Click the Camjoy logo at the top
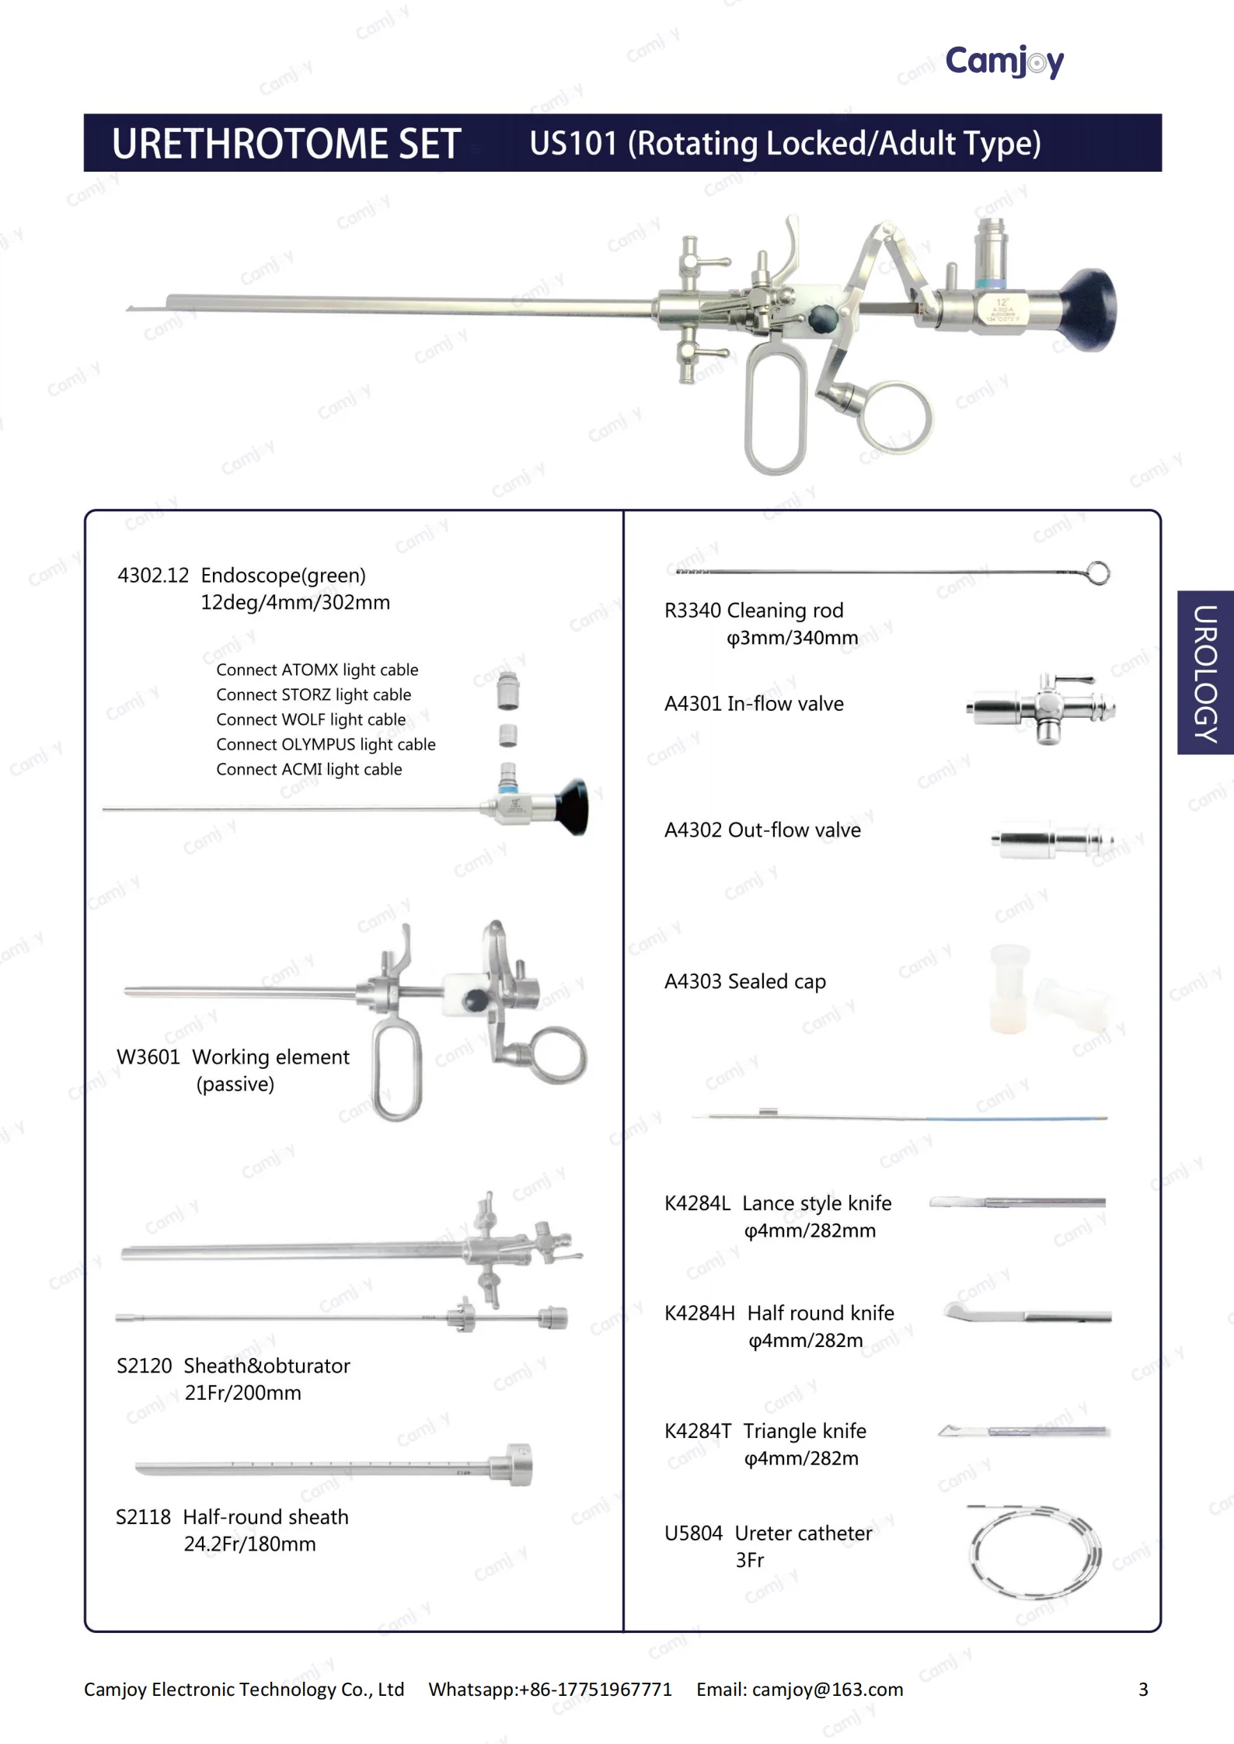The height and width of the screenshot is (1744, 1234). point(1004,61)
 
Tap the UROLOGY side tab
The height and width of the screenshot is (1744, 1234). point(1205,673)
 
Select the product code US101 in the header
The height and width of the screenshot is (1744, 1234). point(573,144)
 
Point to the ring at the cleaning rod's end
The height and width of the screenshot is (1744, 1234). point(1097,573)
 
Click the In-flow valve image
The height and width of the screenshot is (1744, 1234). point(1041,708)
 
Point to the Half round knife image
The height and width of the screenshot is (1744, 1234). point(1027,1315)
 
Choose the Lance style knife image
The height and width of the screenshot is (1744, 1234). point(1016,1203)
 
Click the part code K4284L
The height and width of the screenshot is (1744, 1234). point(697,1203)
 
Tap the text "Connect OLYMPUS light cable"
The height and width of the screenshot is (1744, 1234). point(326,744)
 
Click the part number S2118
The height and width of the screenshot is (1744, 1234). point(143,1516)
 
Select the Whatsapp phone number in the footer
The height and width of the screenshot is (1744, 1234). point(595,1690)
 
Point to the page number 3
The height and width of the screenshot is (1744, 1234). point(1143,1690)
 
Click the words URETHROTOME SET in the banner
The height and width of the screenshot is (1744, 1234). point(287,144)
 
